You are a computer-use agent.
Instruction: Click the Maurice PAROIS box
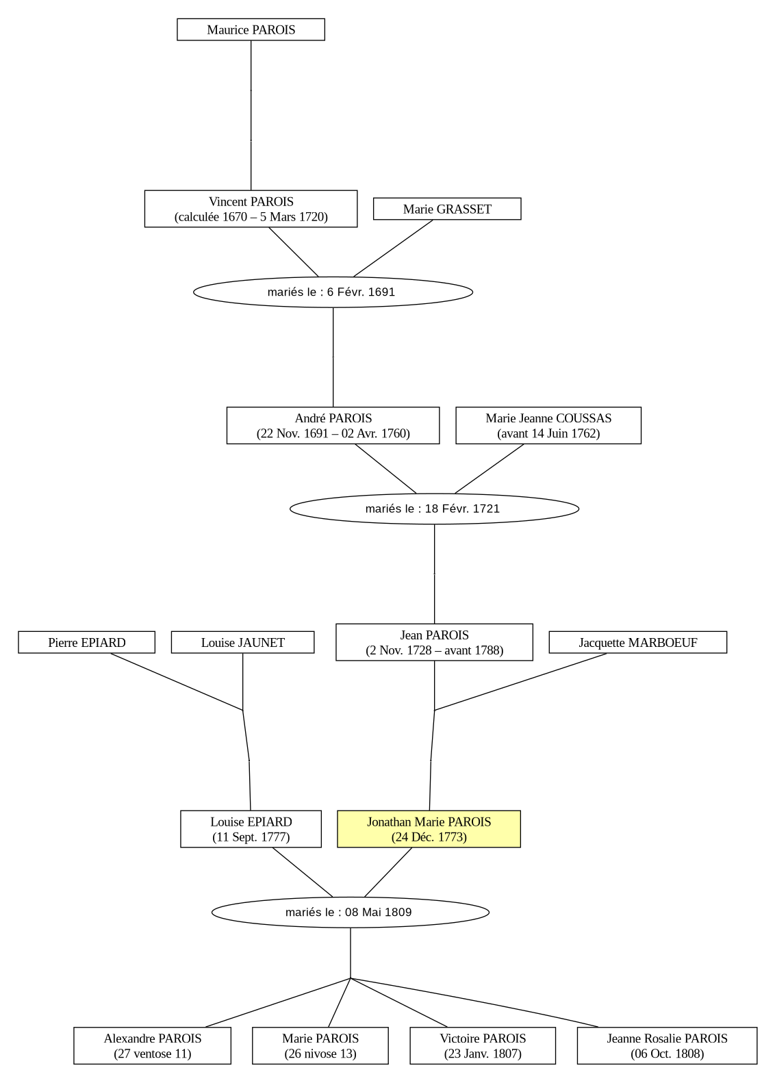(x=251, y=29)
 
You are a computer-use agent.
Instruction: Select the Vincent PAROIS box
(x=251, y=208)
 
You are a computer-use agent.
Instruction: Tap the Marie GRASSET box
(x=447, y=208)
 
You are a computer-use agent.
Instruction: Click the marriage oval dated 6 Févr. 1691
(x=333, y=292)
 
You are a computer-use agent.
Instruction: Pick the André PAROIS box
(x=333, y=425)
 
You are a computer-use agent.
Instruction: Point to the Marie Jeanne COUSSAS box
(x=548, y=425)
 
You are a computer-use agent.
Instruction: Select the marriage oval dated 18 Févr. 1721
(x=434, y=509)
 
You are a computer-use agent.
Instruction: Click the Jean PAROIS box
(x=434, y=641)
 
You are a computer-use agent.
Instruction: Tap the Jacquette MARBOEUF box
(x=637, y=642)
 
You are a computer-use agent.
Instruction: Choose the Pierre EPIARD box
(x=86, y=642)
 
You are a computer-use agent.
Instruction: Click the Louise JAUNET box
(x=243, y=642)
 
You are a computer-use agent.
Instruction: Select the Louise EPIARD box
(x=251, y=829)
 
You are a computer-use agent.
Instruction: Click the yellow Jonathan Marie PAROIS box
(x=429, y=829)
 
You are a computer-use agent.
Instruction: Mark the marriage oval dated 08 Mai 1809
(x=350, y=913)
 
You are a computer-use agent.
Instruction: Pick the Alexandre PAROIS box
(x=152, y=1045)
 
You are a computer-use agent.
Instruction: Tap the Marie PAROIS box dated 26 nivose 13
(x=320, y=1045)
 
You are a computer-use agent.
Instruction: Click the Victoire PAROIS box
(x=483, y=1045)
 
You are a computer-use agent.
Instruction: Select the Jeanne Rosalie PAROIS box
(x=668, y=1045)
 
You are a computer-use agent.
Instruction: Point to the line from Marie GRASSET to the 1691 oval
(x=393, y=249)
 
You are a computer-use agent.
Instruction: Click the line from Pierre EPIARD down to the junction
(x=177, y=682)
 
